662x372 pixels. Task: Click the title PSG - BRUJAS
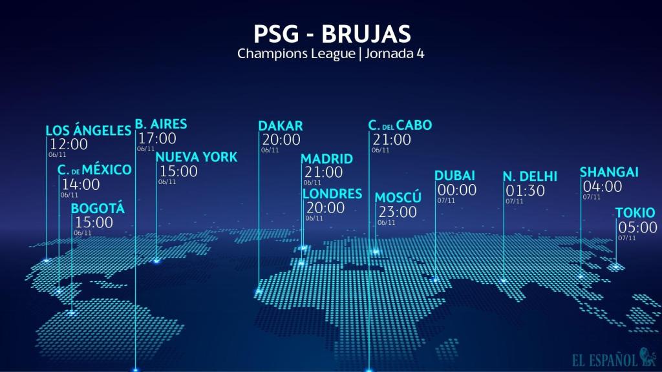point(330,34)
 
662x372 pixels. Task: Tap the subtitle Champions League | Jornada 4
point(330,54)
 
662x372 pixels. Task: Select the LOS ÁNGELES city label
point(89,130)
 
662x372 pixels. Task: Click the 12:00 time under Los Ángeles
point(69,144)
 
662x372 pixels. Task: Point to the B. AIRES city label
point(161,124)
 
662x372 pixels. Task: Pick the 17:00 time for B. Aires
point(157,138)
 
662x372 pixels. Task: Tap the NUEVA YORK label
point(197,157)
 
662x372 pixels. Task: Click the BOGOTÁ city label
point(98,209)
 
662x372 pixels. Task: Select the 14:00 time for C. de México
point(81,184)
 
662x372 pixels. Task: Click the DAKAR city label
point(281,125)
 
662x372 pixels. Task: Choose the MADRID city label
point(327,159)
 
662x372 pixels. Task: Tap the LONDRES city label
point(332,194)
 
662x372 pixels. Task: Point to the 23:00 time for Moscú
point(397,211)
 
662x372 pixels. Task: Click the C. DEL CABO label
point(400,125)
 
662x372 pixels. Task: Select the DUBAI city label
point(455,176)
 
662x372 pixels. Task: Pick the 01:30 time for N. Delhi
point(526,191)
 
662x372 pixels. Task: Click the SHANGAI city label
point(609,172)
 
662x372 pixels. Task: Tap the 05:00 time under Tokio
point(637,227)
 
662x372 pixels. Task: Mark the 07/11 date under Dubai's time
point(446,201)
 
